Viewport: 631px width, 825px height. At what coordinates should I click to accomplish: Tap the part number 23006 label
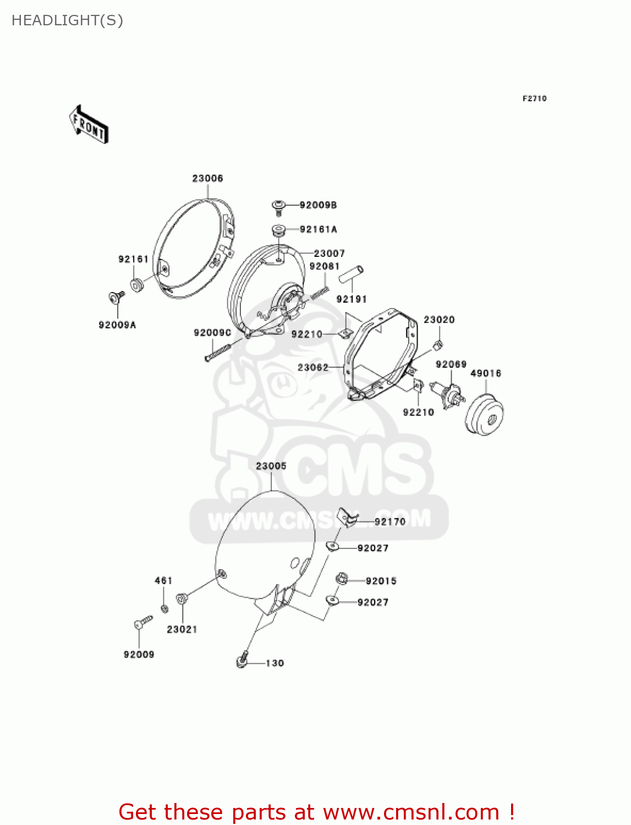[207, 178]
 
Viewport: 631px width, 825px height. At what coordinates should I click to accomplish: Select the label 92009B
[318, 205]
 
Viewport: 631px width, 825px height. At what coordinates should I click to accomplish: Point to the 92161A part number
[319, 229]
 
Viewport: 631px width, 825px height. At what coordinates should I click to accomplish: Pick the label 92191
[351, 299]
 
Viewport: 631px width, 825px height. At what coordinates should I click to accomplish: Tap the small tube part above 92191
[351, 274]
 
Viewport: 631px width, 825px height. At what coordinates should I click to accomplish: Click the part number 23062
[312, 367]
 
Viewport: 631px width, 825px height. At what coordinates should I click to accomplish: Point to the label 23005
[271, 466]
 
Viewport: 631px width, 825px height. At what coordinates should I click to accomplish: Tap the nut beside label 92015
[342, 579]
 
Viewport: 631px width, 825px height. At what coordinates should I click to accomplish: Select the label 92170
[389, 521]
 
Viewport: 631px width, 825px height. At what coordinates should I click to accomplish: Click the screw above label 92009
[142, 623]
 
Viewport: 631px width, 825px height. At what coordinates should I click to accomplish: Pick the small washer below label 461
[164, 608]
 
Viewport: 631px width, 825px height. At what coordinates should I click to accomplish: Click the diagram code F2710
[534, 98]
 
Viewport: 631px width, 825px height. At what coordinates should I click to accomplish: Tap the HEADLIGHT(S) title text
[67, 20]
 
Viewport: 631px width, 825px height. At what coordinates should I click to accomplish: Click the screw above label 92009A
[117, 298]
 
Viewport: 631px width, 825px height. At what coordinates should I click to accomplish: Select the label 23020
[438, 320]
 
